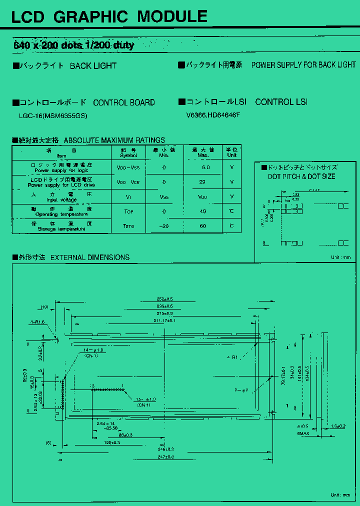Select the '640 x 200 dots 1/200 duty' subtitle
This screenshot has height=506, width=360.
pyautogui.click(x=73, y=45)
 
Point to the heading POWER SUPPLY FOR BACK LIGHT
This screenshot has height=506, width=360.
pyautogui.click(x=303, y=65)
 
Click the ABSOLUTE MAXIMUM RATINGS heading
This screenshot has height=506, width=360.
pyautogui.click(x=114, y=140)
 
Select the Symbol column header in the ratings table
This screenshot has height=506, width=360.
pyautogui.click(x=128, y=152)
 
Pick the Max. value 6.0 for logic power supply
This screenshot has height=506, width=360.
pyautogui.click(x=205, y=167)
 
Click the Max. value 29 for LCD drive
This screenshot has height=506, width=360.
pyautogui.click(x=202, y=182)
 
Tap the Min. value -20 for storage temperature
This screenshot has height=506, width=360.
pyautogui.click(x=164, y=226)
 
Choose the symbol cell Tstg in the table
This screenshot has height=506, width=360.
pyautogui.click(x=128, y=226)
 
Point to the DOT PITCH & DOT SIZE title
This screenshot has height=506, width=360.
pyautogui.click(x=301, y=176)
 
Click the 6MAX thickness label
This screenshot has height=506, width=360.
pyautogui.click(x=302, y=433)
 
